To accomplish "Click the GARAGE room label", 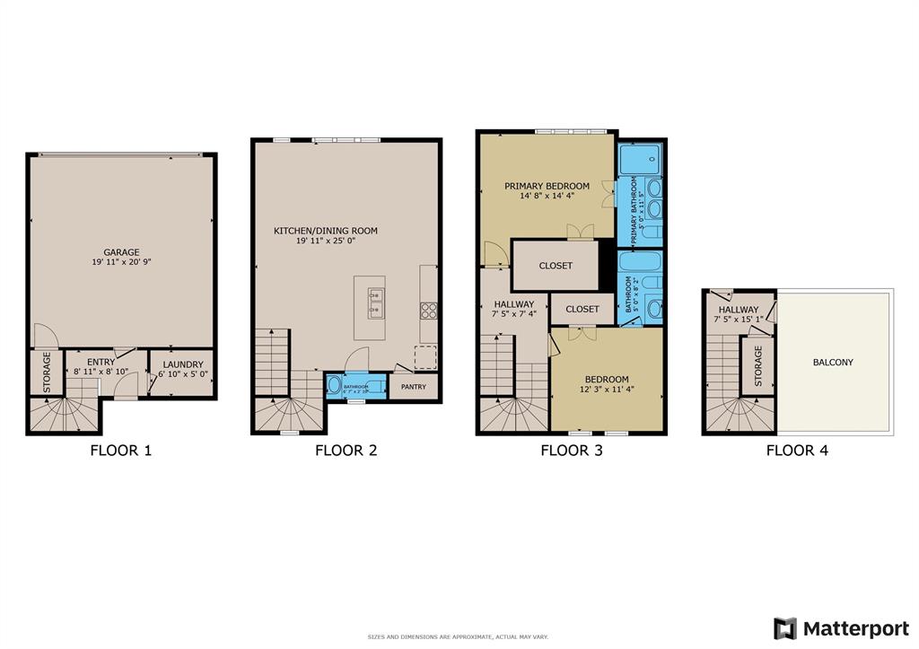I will point(120,252).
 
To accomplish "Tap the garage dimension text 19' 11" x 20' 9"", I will point(120,263).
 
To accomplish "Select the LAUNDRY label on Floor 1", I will point(182,364).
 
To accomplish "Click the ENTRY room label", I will point(101,363).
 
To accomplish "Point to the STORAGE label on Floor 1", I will point(48,372).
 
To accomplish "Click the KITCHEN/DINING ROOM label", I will point(325,231).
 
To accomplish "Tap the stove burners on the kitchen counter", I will point(429,311).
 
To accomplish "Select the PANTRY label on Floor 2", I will point(413,387).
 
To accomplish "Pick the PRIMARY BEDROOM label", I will point(547,186).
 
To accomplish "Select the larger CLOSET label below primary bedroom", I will point(556,266).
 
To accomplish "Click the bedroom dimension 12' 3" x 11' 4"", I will point(607,390).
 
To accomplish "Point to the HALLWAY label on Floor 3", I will point(512,304).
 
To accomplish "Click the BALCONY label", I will point(833,363).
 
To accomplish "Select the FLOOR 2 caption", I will point(346,451).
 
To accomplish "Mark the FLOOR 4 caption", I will point(796,451).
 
